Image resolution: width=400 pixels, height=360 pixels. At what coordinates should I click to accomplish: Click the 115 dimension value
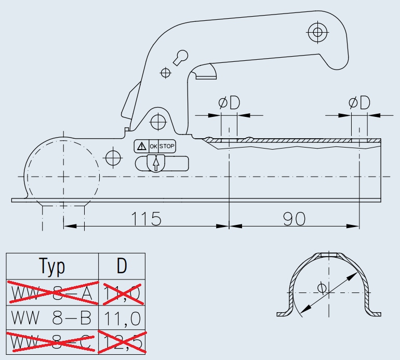145,219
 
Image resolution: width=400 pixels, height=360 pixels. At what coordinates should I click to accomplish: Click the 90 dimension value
294,219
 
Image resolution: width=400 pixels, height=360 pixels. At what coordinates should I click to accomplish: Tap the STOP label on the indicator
167,146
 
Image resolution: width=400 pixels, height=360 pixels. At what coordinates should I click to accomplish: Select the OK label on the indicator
153,146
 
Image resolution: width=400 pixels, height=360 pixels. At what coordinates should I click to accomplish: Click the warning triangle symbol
141,146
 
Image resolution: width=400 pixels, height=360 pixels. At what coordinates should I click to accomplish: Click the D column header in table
122,266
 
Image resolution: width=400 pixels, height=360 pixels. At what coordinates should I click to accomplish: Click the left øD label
229,103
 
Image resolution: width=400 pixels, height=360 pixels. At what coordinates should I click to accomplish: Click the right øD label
359,103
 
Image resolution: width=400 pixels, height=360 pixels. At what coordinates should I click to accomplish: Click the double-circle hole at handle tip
317,33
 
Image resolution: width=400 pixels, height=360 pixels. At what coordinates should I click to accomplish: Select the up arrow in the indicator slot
155,164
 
